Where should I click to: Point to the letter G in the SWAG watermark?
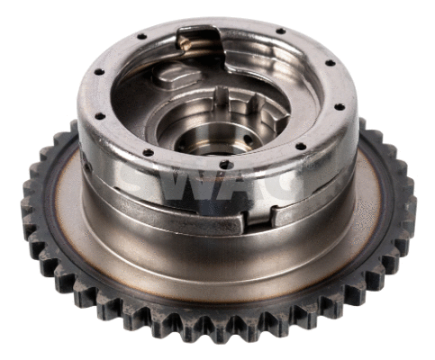(281, 182)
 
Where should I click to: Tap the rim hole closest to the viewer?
(224, 165)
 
